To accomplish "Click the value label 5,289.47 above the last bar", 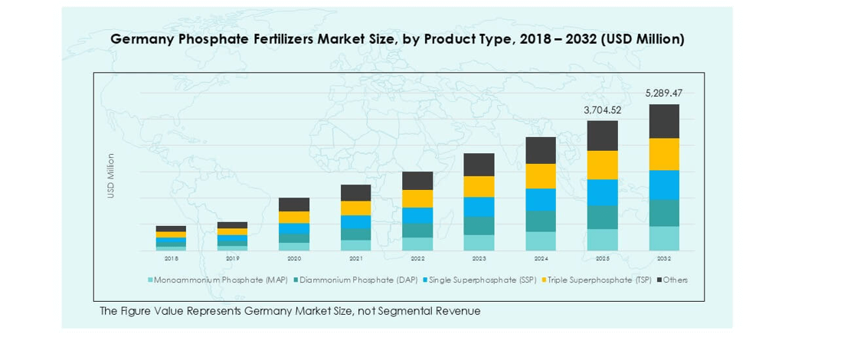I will tap(664, 93).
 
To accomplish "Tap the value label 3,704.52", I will tap(603, 110).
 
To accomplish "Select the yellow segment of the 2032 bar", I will tap(664, 154).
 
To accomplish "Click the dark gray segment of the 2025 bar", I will tap(603, 136).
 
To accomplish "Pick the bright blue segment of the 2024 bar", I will tap(541, 199).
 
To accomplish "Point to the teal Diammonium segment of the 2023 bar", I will tap(479, 226).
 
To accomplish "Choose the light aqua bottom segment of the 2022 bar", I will tap(417, 244).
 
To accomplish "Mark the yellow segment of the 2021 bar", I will tap(355, 208).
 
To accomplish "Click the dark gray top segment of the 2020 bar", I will tap(294, 205).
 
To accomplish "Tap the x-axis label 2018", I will tap(171, 259).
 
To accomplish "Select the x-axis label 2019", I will tap(232, 259).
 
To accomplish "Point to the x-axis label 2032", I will tap(664, 259).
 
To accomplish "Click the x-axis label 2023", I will tap(479, 259).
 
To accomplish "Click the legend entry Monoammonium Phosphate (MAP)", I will tap(221, 280).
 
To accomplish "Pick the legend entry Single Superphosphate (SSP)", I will tap(483, 280).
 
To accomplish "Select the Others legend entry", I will tap(675, 280).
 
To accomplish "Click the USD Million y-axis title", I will tap(110, 177).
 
